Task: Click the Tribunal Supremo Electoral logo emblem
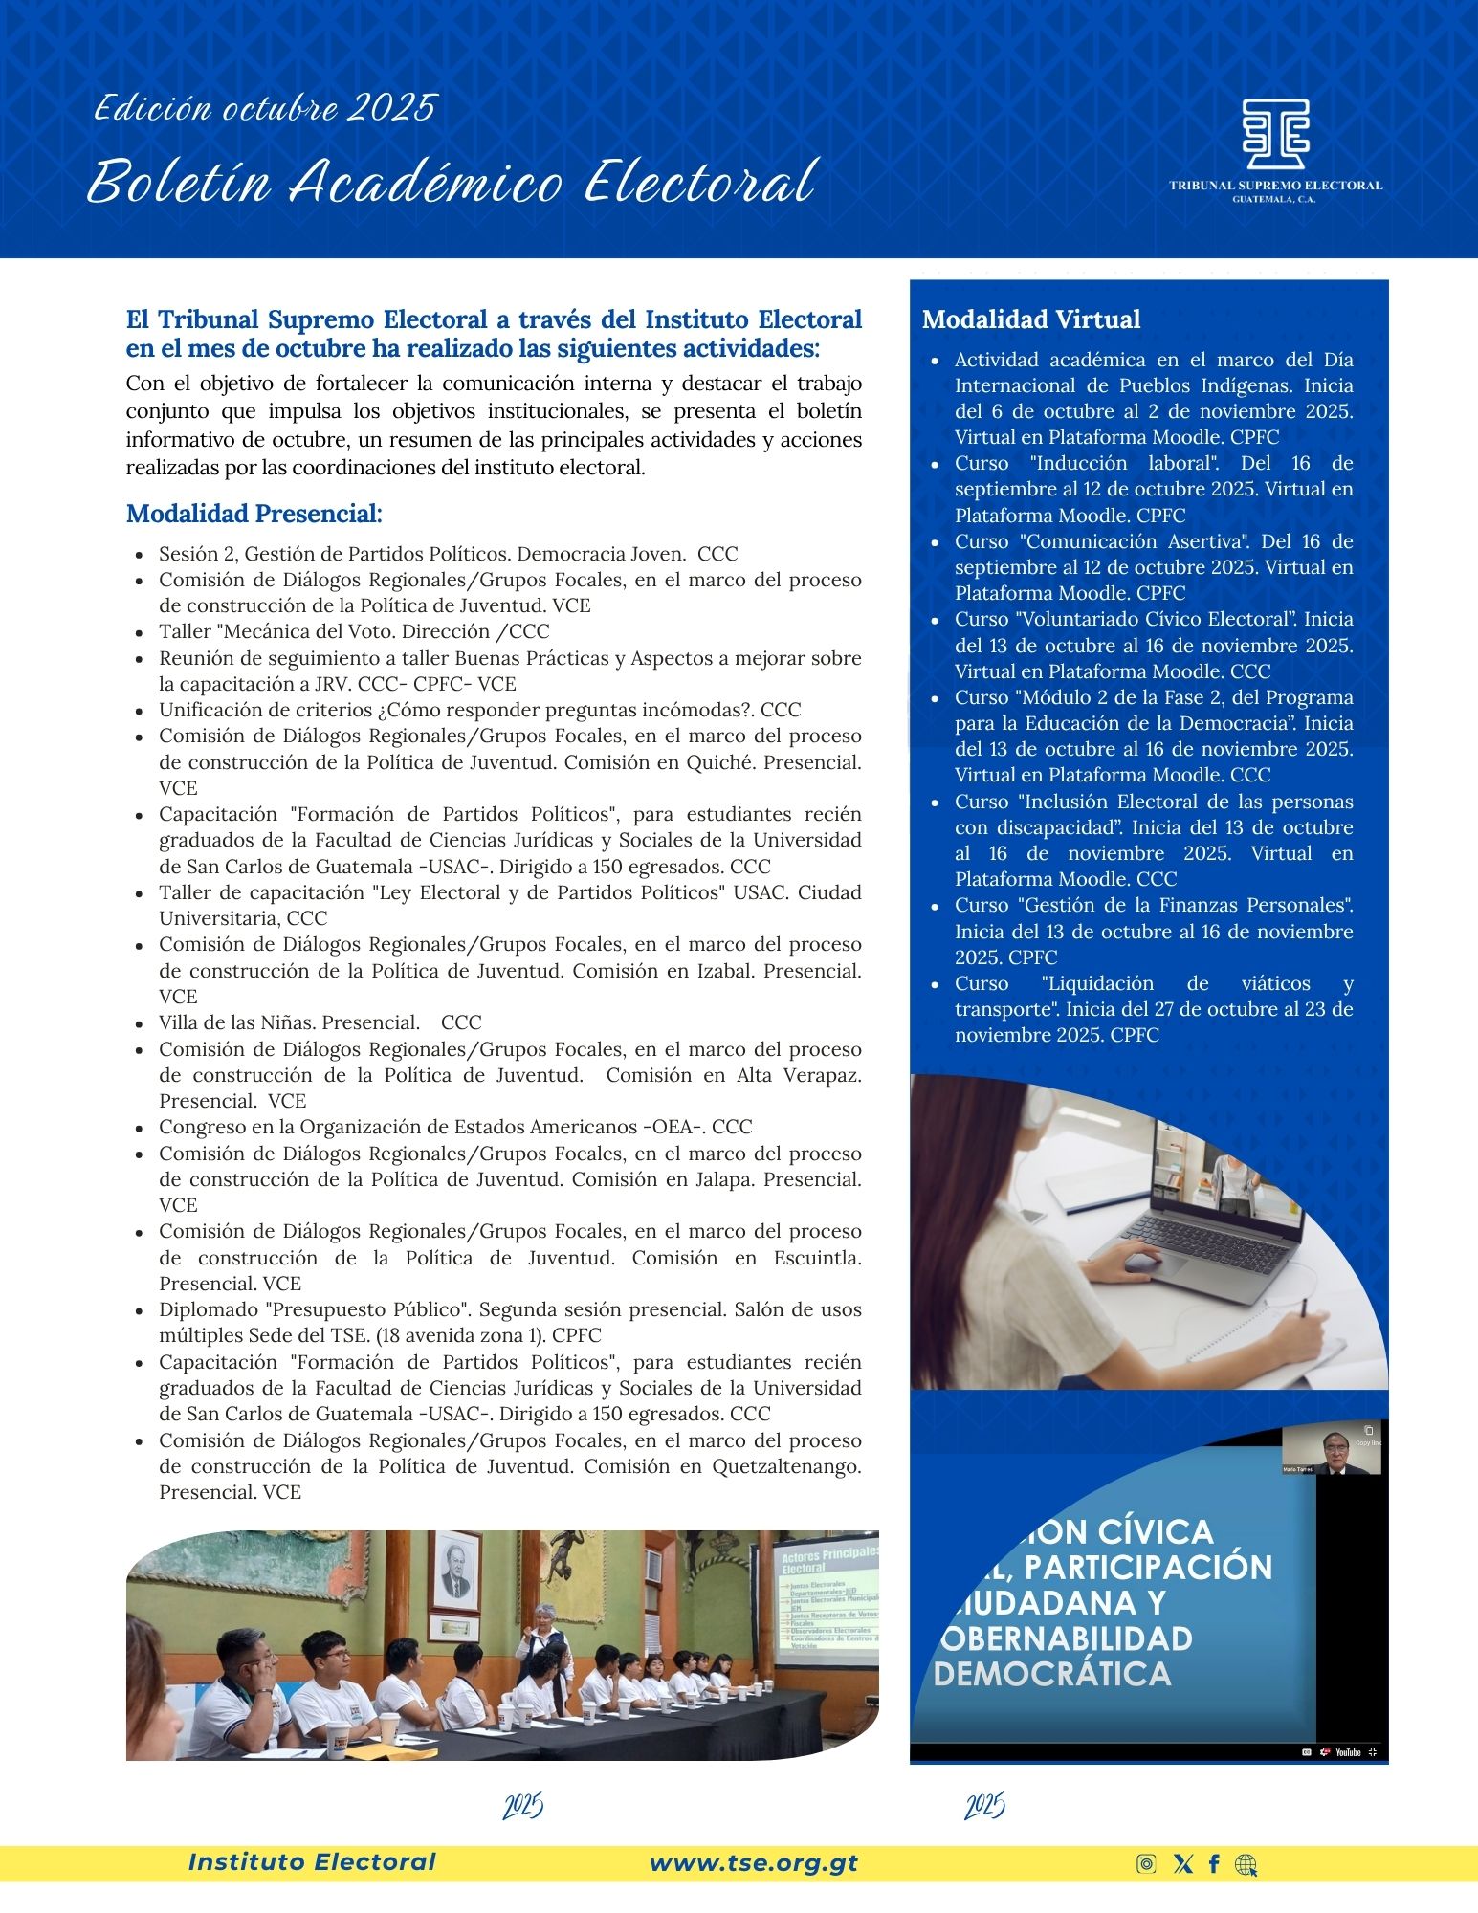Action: (1275, 134)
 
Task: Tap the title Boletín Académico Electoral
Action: (450, 182)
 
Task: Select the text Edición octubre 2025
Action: (265, 108)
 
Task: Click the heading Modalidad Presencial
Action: (254, 514)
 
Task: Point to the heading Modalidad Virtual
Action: (1030, 319)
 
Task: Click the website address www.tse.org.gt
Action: (753, 1862)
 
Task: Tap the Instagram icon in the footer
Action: (1146, 1863)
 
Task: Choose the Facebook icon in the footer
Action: (1214, 1863)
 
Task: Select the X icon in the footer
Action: (1182, 1863)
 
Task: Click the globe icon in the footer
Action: (1246, 1864)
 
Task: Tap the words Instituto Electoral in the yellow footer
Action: (312, 1861)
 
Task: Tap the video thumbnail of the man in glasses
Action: (1331, 1450)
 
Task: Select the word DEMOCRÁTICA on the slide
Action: (1051, 1674)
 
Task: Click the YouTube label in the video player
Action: (1347, 1752)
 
